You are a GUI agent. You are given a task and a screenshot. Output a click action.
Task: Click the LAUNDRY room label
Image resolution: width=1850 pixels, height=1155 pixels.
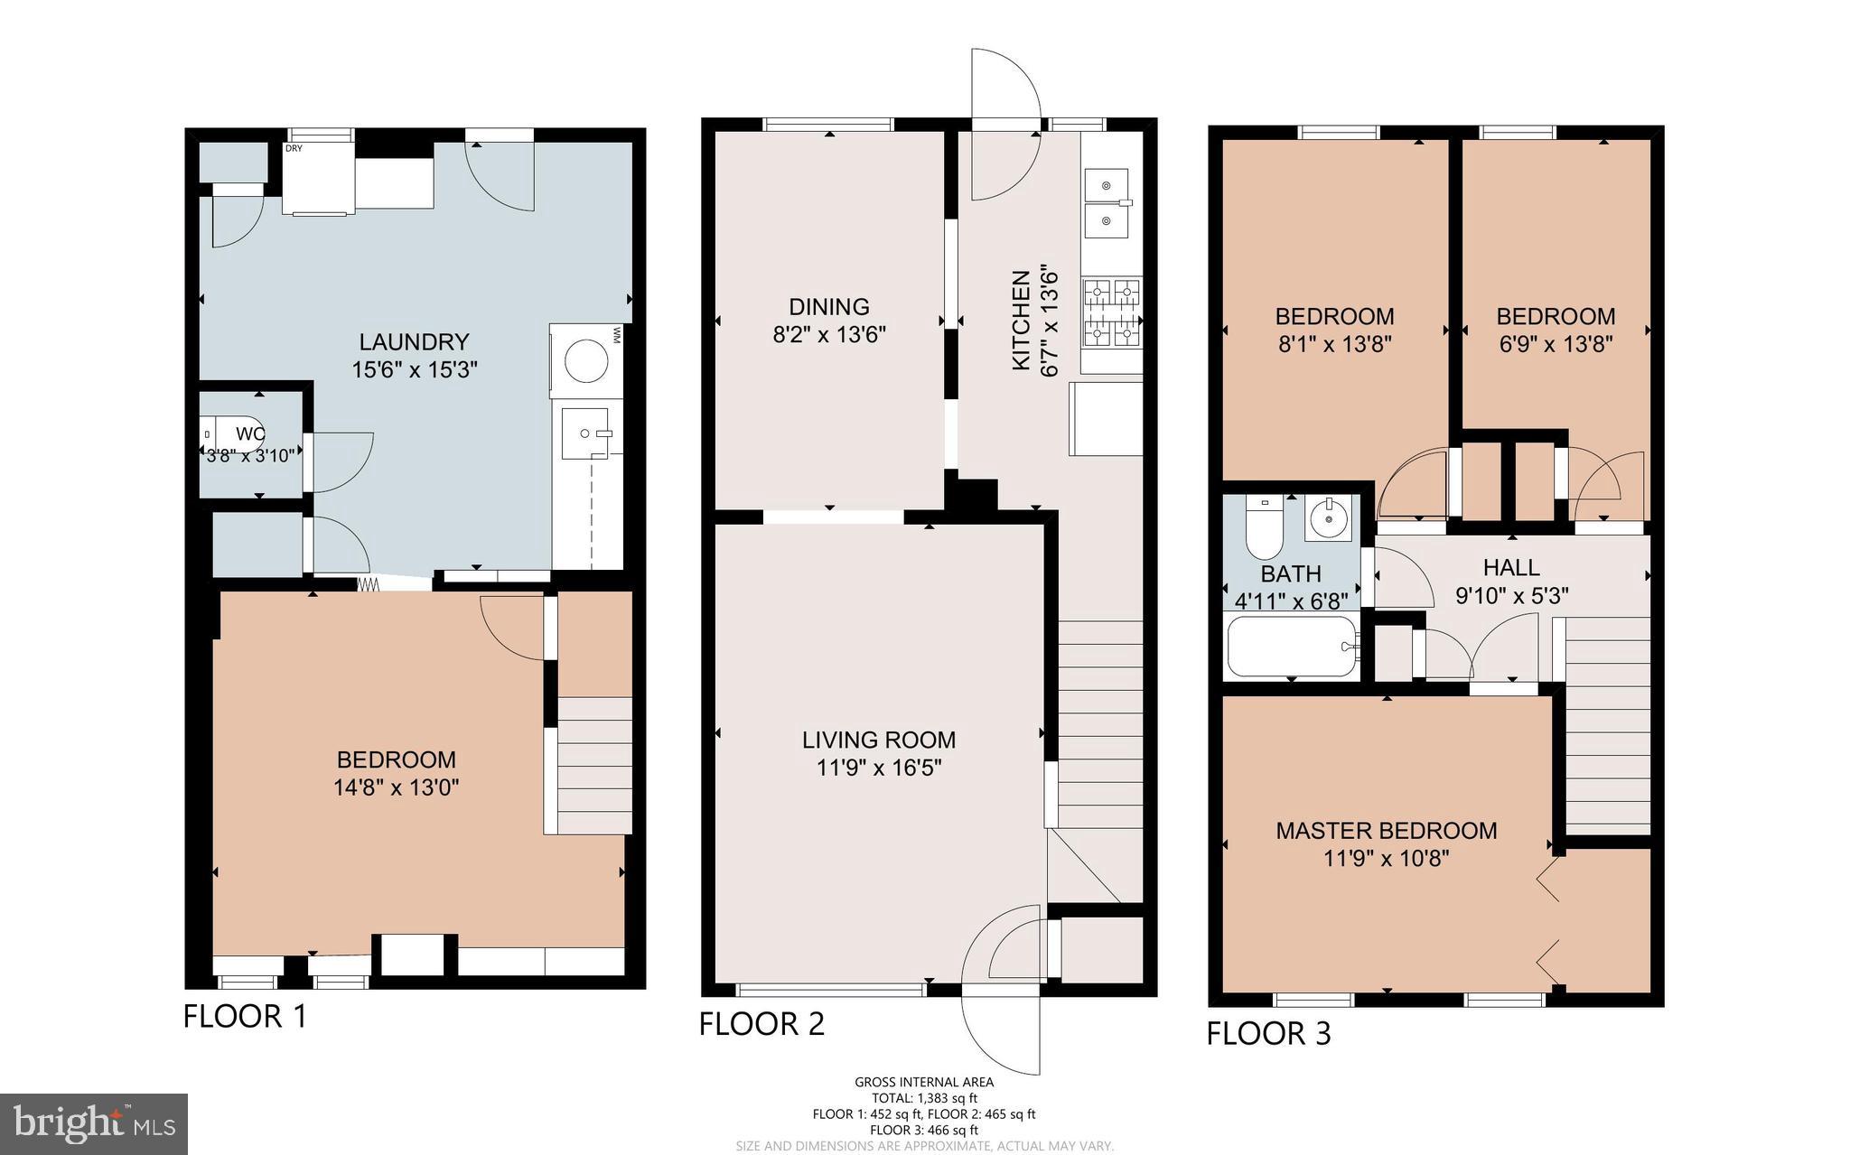click(414, 342)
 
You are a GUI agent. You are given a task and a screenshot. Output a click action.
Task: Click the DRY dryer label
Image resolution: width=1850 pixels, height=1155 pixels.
click(294, 149)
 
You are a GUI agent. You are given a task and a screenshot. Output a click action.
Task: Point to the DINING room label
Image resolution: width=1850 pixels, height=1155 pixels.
click(829, 307)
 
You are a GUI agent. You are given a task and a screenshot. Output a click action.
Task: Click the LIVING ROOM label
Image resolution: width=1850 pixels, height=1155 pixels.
click(879, 741)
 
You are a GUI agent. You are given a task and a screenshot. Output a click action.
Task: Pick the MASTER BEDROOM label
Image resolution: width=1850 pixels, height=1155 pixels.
click(1386, 831)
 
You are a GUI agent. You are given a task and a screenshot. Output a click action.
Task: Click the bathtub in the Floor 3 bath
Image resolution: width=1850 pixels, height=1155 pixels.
click(1293, 647)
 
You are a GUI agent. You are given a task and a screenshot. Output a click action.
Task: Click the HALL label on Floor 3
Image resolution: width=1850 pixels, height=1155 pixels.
click(1511, 568)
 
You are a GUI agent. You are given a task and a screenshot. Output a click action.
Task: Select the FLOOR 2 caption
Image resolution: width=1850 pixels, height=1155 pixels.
click(761, 1024)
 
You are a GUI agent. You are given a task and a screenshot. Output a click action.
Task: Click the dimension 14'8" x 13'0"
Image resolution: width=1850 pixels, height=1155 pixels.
click(396, 787)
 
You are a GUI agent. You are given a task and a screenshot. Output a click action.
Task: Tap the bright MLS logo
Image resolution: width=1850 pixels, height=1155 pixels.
click(94, 1123)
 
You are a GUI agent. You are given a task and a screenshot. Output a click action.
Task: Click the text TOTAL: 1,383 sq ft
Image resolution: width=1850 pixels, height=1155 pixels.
click(924, 1098)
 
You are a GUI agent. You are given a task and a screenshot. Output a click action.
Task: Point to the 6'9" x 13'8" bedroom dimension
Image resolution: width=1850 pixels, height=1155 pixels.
click(1556, 344)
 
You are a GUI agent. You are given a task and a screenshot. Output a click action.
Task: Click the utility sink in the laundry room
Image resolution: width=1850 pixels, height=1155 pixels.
click(586, 433)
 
